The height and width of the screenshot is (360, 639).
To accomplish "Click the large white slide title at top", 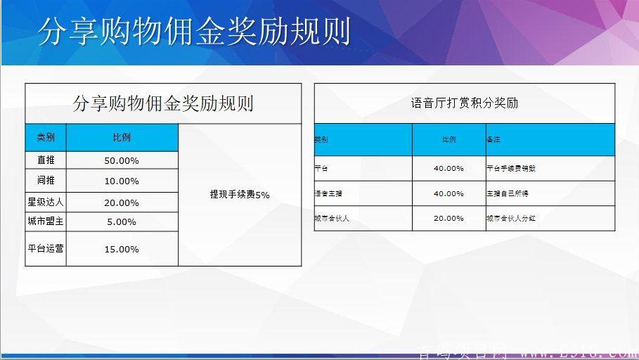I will click(193, 32).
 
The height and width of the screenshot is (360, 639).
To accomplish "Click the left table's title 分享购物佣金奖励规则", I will click(163, 104).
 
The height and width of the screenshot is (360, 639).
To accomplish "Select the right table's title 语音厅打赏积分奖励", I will click(464, 103).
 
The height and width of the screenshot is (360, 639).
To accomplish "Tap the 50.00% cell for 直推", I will click(122, 161).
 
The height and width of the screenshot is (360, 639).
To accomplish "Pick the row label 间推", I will click(46, 181).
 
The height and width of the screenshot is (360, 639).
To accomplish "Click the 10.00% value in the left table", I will click(122, 181).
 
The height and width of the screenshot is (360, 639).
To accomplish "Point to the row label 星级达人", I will click(46, 202).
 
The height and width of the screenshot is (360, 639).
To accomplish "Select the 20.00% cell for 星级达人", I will click(122, 202).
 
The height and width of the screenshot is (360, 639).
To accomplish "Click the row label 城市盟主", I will click(46, 221).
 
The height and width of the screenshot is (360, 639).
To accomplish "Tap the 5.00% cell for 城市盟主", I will click(122, 222).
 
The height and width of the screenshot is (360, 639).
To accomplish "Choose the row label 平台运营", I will click(46, 249).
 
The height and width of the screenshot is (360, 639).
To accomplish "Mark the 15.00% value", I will click(122, 250).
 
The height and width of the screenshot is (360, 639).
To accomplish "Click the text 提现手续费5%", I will click(240, 195).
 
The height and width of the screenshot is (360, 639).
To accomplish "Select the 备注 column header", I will click(493, 140).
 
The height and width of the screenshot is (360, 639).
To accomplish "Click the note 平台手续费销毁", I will click(511, 169).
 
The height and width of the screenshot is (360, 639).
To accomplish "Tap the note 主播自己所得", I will click(507, 193).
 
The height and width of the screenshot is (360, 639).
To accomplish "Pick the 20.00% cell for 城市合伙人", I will click(448, 219).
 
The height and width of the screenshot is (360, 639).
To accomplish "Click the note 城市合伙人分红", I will click(511, 219).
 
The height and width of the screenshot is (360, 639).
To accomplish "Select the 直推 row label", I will click(46, 161).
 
